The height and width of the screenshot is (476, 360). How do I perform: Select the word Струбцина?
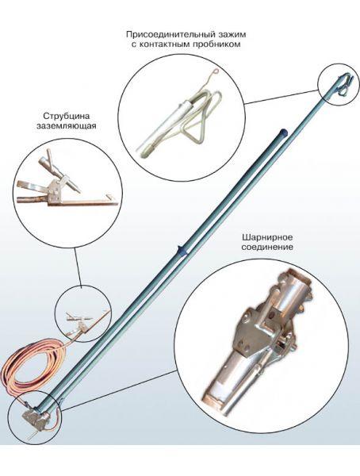[67, 117]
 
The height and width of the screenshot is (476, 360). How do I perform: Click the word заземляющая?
[67, 125]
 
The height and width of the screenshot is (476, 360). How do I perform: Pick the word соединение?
[267, 247]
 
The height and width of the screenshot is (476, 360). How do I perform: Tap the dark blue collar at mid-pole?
[182, 251]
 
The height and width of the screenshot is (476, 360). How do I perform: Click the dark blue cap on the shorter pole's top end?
[283, 132]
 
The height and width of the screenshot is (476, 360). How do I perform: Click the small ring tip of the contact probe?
[215, 72]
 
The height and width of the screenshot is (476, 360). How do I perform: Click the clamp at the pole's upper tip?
[343, 83]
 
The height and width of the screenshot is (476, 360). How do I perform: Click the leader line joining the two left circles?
[78, 267]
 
